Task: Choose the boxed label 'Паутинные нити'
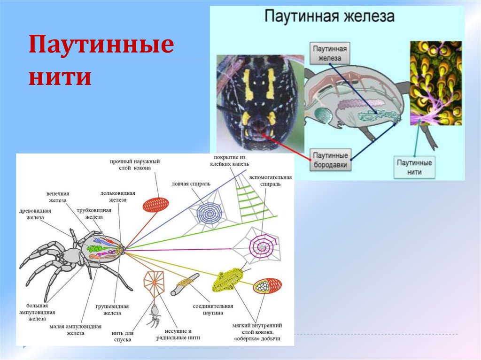click(x=414, y=167)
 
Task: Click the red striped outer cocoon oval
click(x=155, y=205)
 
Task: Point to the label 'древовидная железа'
click(x=35, y=214)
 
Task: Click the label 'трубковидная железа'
click(x=98, y=214)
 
